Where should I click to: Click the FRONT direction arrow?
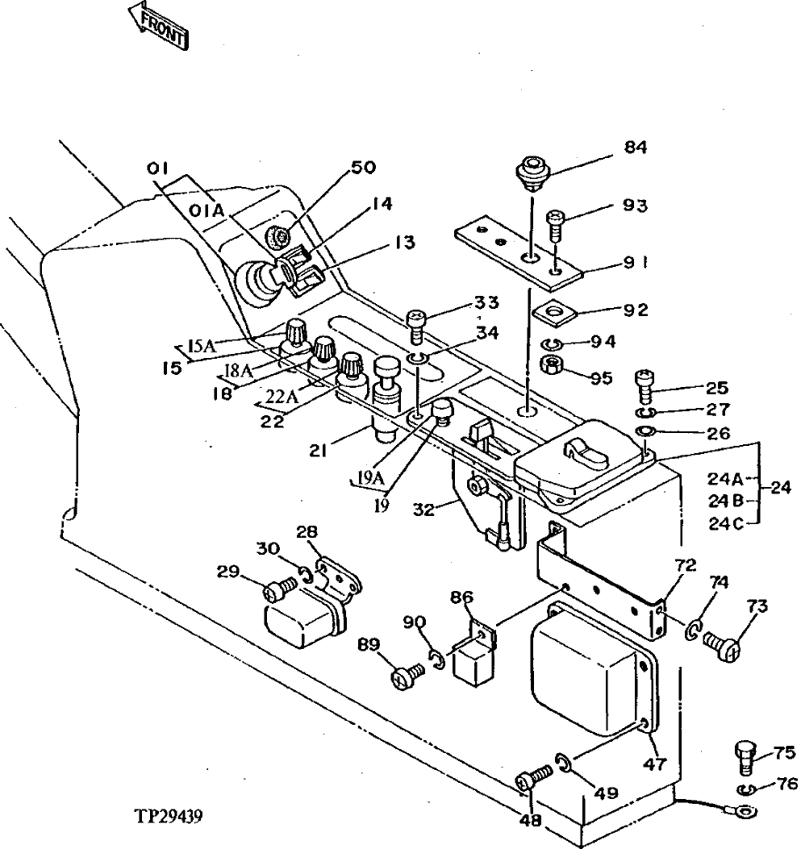161,27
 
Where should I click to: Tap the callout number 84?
635,148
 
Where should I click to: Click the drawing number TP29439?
169,816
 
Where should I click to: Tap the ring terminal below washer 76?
745,809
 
